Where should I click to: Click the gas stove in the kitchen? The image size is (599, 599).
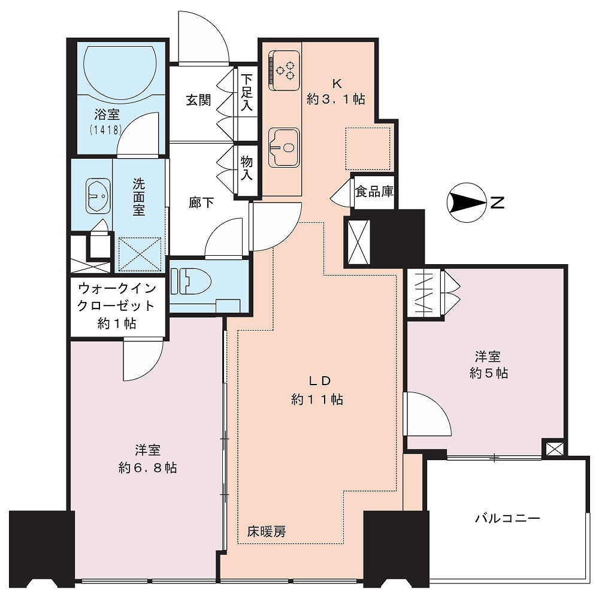[284, 70]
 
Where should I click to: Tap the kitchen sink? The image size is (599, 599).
[283, 147]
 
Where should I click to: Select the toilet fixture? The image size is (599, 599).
[191, 281]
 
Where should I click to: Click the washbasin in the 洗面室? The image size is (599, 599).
[98, 196]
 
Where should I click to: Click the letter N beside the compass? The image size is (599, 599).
[497, 202]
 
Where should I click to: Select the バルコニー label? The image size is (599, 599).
[507, 518]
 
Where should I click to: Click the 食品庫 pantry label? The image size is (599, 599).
[374, 192]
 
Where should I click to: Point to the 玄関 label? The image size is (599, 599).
[198, 101]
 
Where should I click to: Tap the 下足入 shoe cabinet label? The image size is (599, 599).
[247, 92]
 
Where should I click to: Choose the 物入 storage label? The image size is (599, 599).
[246, 168]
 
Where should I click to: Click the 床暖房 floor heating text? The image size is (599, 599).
[267, 531]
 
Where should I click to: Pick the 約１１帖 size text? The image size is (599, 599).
[317, 400]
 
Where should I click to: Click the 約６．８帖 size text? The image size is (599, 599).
[147, 468]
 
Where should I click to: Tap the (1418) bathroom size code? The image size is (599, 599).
[106, 130]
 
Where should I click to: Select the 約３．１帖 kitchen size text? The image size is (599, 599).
[336, 99]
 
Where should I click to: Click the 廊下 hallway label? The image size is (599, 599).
[201, 202]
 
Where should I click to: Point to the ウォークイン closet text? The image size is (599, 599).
[117, 288]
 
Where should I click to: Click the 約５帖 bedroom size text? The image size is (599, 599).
[489, 373]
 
